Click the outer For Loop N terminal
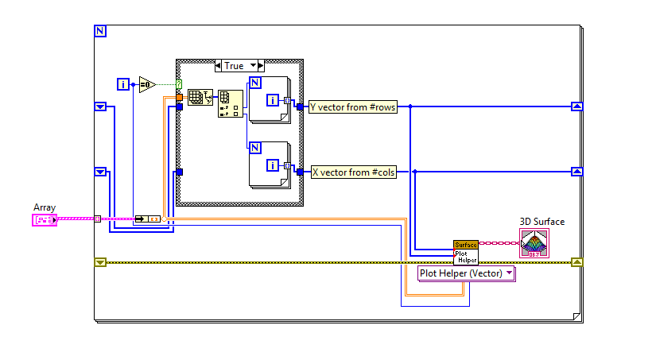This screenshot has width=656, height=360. (100, 31)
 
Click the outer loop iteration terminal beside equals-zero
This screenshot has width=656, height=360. (123, 84)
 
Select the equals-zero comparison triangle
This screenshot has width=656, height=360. (147, 84)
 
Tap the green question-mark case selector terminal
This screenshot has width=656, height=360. (179, 84)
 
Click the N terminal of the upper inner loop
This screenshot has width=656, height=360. (254, 82)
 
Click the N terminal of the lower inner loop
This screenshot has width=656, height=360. (254, 147)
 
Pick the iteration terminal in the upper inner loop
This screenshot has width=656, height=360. (272, 100)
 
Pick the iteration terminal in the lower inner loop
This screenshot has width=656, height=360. (272, 165)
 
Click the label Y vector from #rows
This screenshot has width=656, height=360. (352, 106)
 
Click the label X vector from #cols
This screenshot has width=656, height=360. (352, 172)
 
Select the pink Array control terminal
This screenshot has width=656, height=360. (45, 219)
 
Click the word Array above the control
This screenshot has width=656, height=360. (45, 207)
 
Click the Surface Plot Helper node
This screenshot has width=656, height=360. (465, 253)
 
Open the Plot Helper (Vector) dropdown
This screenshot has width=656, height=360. (466, 273)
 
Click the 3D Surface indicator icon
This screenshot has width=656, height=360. (534, 242)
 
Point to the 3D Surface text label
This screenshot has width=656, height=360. (541, 222)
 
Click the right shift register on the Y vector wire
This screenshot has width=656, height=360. (577, 106)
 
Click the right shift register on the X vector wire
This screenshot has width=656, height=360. (577, 171)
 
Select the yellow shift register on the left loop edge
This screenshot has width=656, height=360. (100, 261)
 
